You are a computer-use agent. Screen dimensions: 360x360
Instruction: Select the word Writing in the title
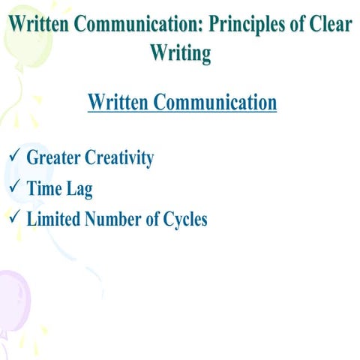tap(180, 52)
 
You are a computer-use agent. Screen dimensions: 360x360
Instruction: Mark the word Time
tap(43, 189)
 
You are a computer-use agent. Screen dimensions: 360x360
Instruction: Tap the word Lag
tap(80, 189)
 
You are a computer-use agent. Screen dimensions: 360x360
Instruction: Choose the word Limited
tap(55, 220)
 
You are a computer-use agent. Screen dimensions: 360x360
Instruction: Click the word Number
tap(113, 220)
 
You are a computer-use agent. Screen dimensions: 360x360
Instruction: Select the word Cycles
tap(184, 220)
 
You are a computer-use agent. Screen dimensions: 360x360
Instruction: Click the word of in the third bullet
tap(152, 220)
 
